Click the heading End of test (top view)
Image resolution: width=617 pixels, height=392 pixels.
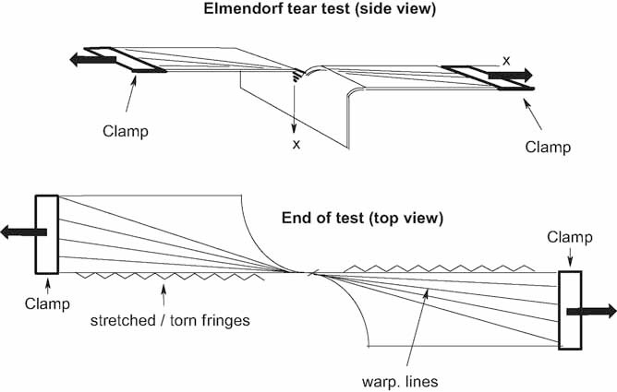(x=364, y=219)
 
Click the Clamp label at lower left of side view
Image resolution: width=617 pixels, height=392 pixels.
(x=126, y=131)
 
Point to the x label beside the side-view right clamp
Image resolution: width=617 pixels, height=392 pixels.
(x=505, y=60)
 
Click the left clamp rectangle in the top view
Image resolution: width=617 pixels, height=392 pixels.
(x=46, y=234)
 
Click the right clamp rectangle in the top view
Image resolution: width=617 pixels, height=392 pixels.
(x=570, y=310)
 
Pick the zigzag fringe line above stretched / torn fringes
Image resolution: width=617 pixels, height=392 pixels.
(x=171, y=276)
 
